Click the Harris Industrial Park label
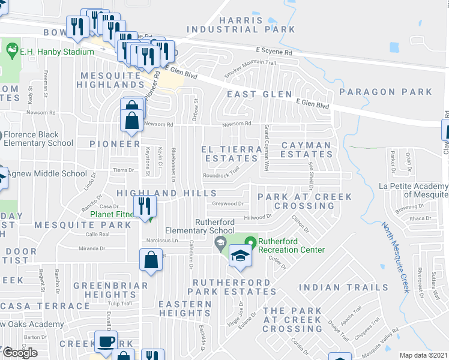[241, 25]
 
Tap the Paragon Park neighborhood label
[385, 92]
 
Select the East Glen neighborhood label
[259, 94]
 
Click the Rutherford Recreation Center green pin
[253, 242]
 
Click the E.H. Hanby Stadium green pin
[11, 47]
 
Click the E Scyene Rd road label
[273, 52]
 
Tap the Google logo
[20, 352]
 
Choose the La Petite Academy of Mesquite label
[414, 190]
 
